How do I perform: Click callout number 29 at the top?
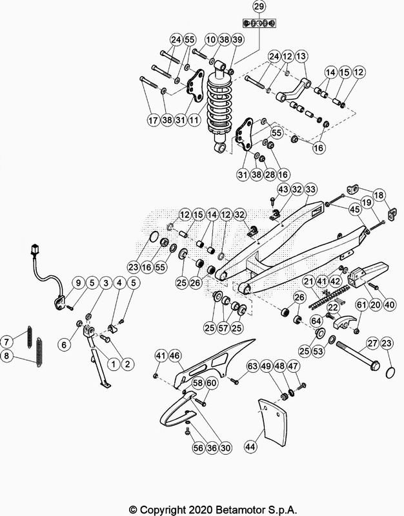[x=259, y=7]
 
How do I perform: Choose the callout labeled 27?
[x=372, y=343]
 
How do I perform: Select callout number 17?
[x=152, y=119]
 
